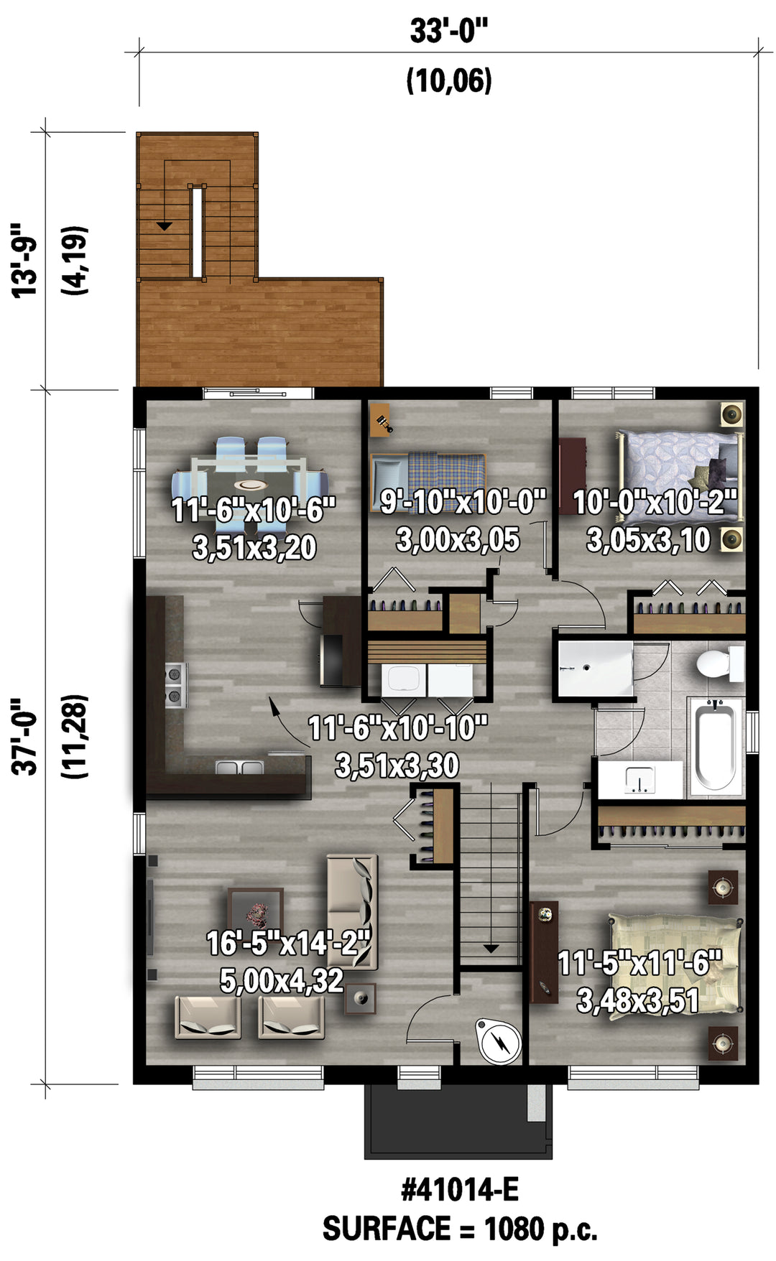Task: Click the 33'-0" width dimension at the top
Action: pos(449,32)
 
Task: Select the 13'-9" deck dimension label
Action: pos(25,260)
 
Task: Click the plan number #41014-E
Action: pos(460,1190)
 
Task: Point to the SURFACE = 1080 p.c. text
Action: pos(460,1229)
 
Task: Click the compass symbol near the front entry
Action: pos(499,1041)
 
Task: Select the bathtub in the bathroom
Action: pos(716,746)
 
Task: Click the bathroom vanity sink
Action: pos(639,779)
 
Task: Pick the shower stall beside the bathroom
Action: pos(596,669)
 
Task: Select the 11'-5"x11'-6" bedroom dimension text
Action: pos(639,963)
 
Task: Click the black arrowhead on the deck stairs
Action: pos(165,226)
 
